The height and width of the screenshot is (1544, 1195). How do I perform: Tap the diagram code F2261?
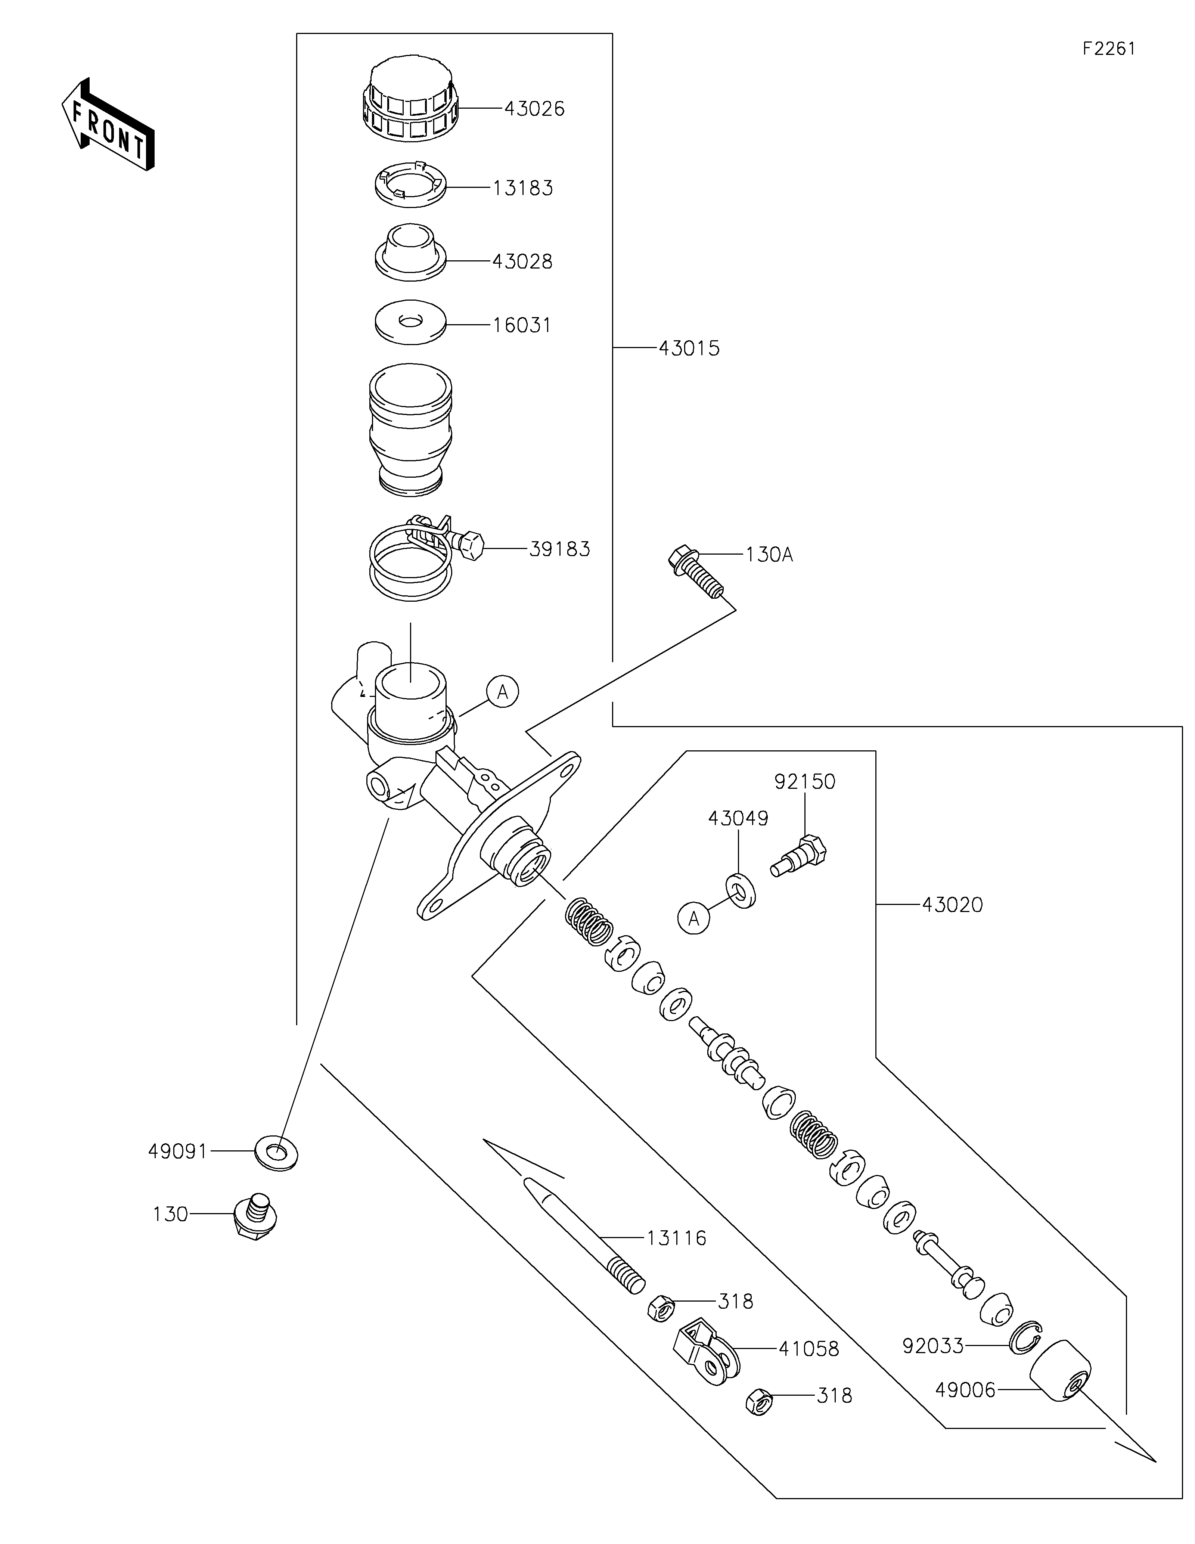(1109, 49)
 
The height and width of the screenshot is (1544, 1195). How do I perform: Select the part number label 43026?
(534, 109)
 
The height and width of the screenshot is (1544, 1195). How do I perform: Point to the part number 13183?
(523, 188)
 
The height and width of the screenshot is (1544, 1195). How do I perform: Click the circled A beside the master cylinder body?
(502, 691)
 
